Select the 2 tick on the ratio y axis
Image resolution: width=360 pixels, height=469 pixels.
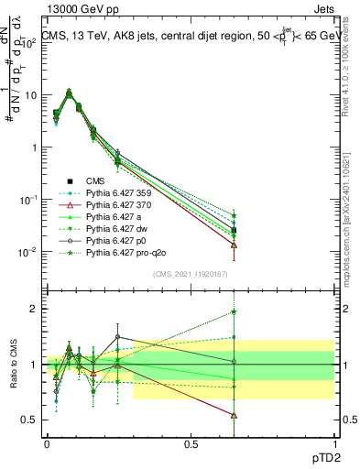[33, 309]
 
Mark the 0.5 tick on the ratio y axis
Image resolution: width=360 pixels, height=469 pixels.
[29, 420]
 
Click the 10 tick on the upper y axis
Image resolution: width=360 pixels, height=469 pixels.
[29, 94]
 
